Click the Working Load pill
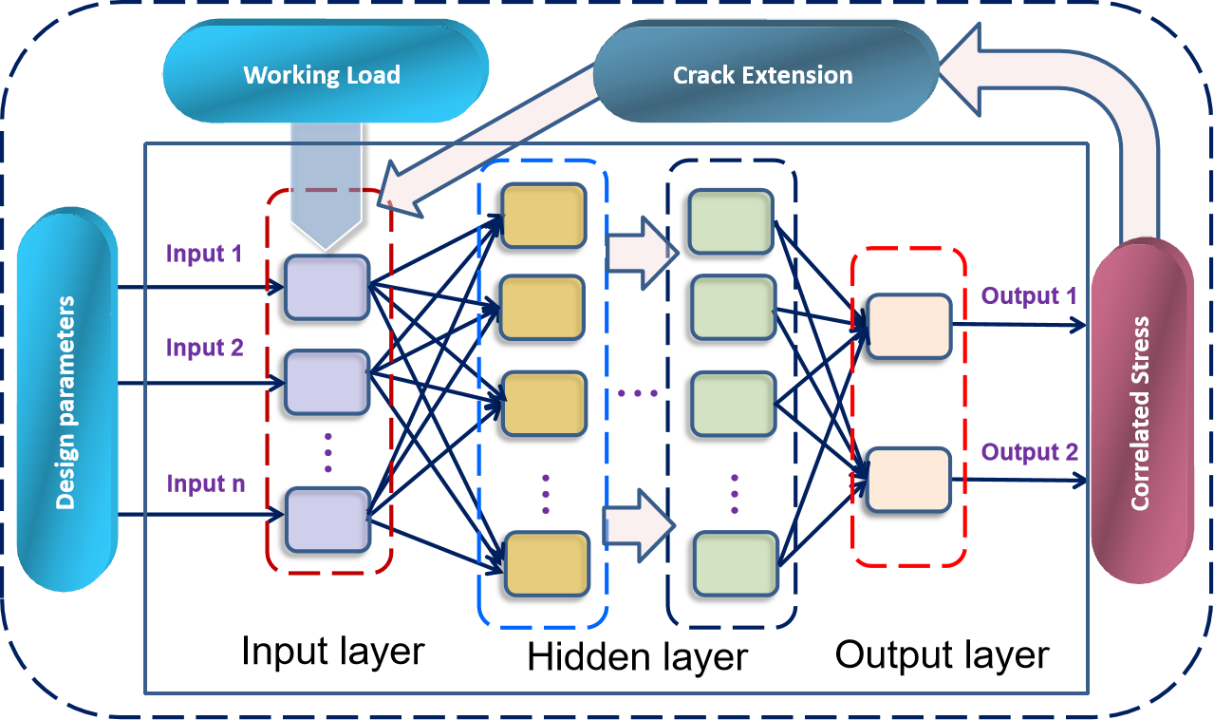322,74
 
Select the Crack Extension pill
762,75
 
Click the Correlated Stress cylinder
1140,413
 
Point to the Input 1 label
204,254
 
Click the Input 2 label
204,348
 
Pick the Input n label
206,483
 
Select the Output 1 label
1029,295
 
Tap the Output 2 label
1029,451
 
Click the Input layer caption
332,652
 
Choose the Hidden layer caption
637,656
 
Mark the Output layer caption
942,654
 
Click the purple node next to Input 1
327,287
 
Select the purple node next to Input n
327,519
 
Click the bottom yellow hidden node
548,563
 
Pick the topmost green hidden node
729,222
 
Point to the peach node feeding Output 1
908,326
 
